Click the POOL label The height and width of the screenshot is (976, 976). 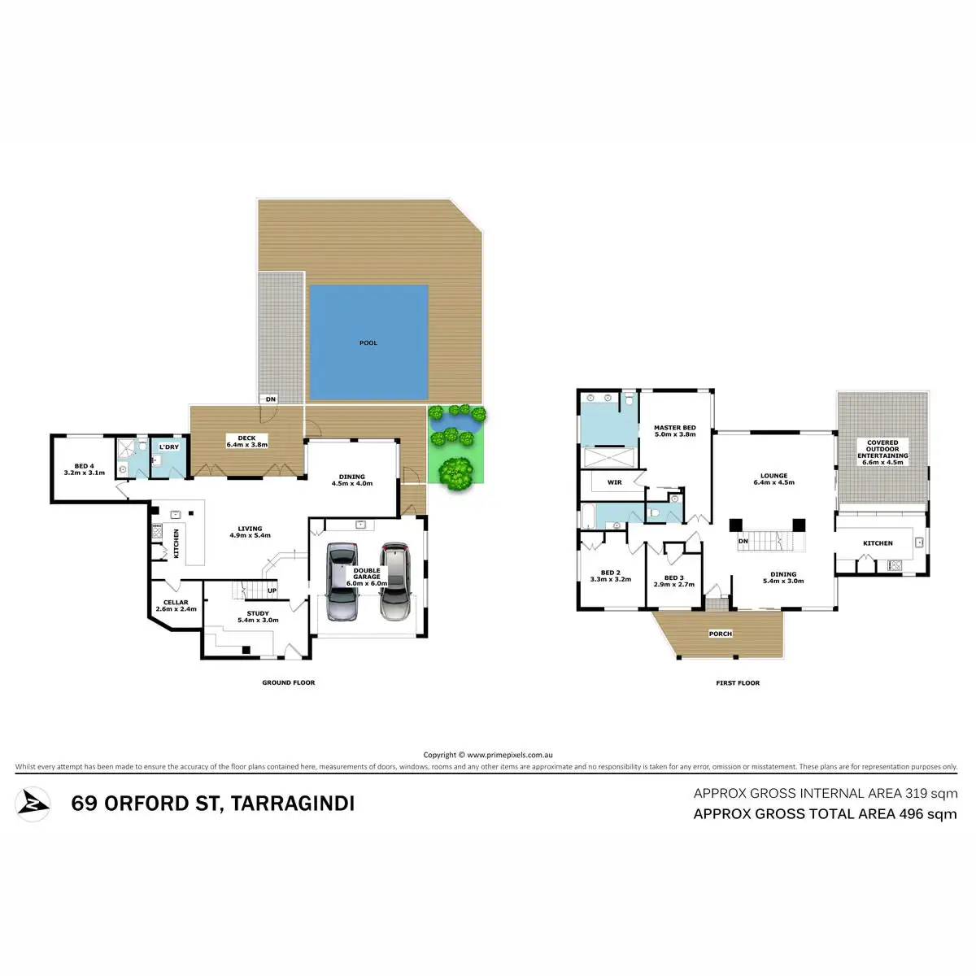pos(368,343)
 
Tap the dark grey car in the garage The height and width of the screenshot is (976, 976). pos(342,582)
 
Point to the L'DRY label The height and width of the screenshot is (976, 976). pos(169,447)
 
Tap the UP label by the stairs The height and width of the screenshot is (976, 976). pos(272,590)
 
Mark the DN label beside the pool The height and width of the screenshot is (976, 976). pos(271,399)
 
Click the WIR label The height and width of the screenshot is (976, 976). pos(615,482)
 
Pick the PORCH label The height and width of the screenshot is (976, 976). pos(721,634)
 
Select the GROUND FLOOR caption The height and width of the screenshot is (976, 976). pos(288,682)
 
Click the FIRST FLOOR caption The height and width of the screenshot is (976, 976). pos(738,683)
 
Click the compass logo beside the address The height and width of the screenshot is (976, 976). pos(33,804)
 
